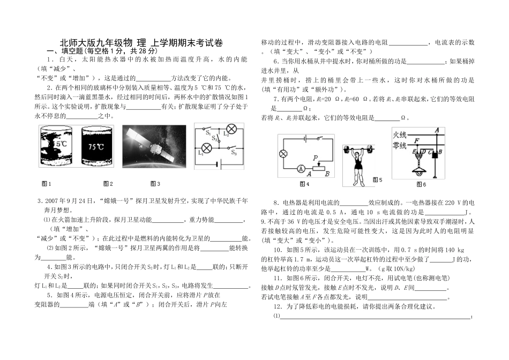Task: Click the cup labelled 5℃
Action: [x=57, y=147]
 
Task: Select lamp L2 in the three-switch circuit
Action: [x=233, y=129]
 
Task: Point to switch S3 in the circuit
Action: [x=233, y=148]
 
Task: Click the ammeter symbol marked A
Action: [x=301, y=168]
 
